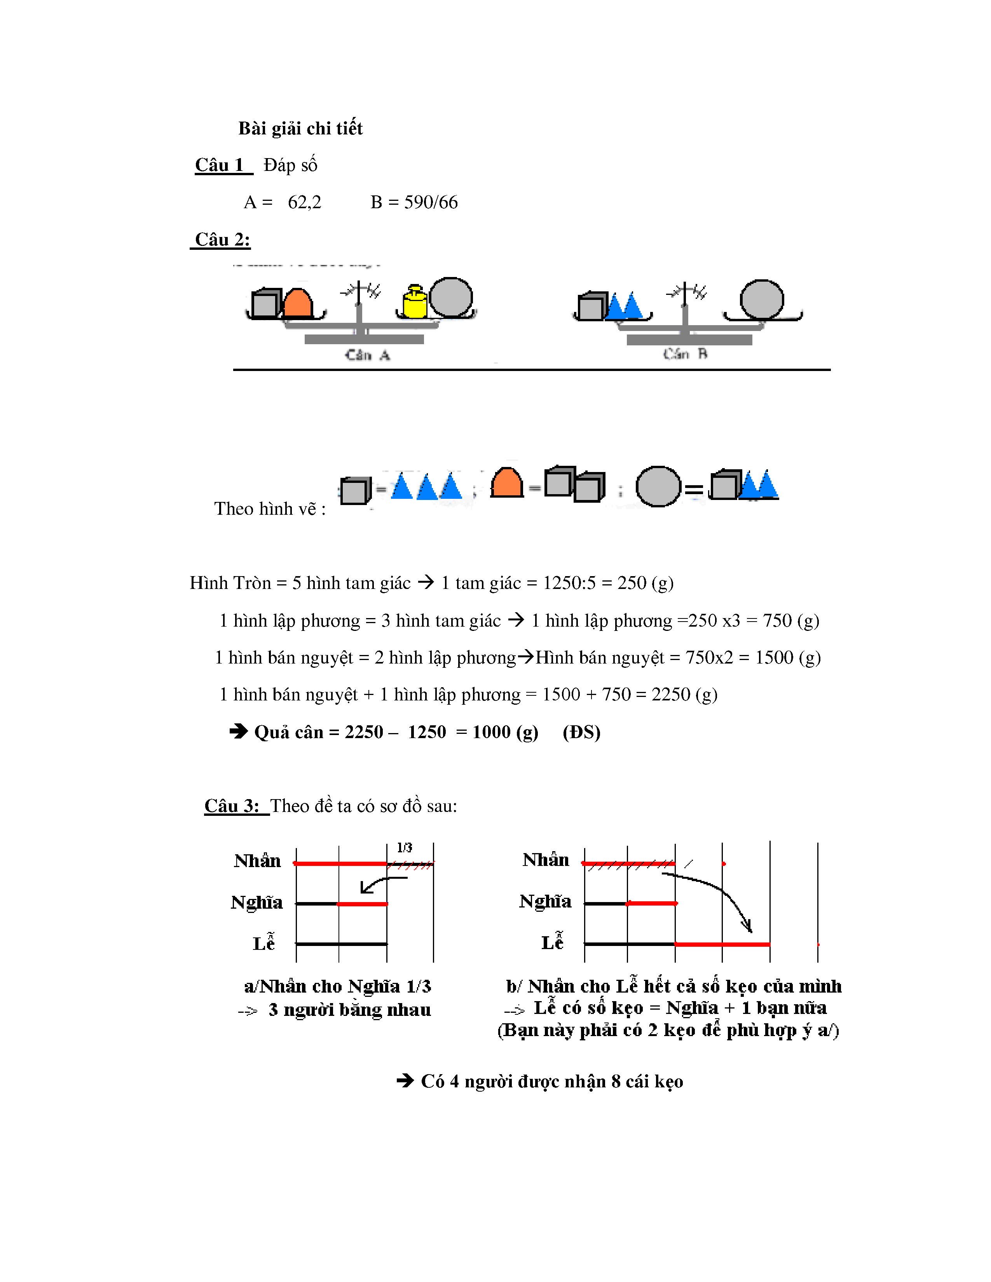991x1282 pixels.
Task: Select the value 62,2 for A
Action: (304, 202)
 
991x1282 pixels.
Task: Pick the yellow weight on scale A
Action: (415, 302)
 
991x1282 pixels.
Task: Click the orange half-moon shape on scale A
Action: (298, 303)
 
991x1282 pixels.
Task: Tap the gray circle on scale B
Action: (761, 300)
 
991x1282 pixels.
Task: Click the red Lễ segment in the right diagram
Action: (722, 944)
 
